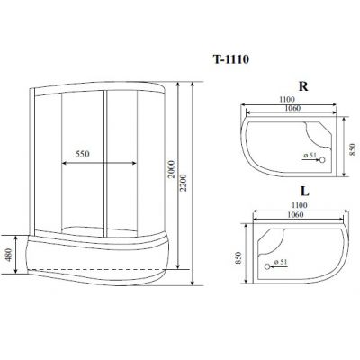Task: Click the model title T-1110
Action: (231, 59)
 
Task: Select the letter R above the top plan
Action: (303, 86)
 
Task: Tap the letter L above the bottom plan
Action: (304, 192)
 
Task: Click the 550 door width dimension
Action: (83, 154)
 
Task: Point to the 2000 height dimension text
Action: (171, 169)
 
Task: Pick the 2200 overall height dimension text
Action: (184, 183)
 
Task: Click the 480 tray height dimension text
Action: (9, 255)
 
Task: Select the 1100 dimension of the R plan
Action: (287, 99)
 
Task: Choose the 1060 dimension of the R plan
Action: (292, 108)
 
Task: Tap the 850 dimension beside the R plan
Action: (353, 149)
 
